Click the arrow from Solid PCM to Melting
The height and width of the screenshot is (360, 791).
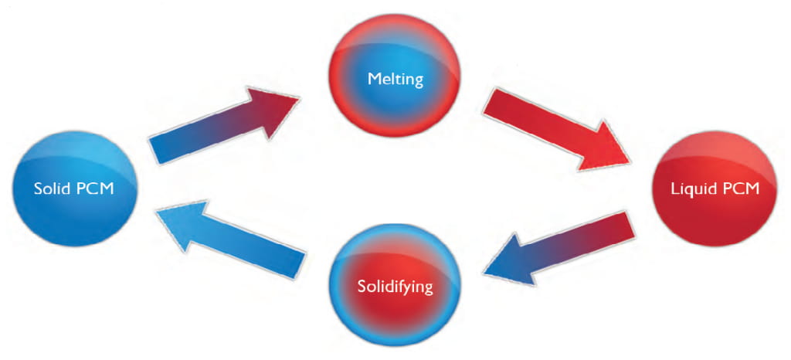(224, 124)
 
